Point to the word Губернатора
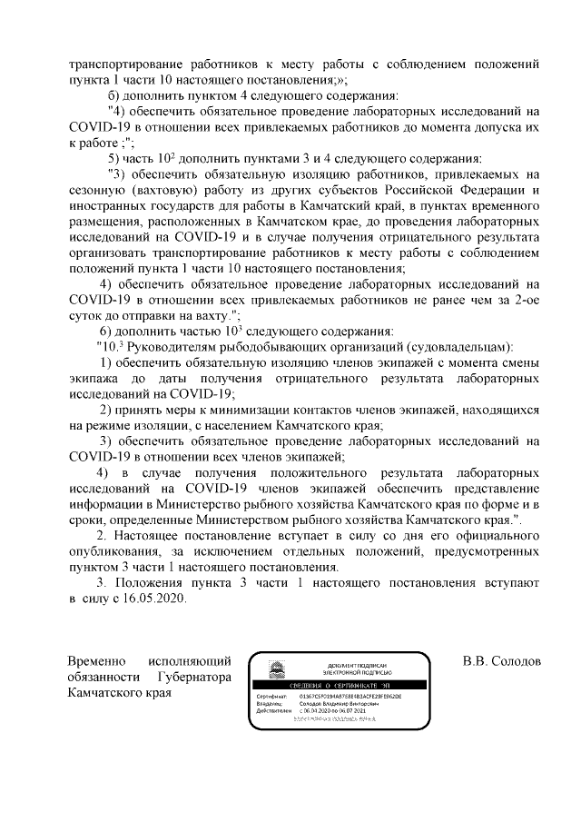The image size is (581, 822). [195, 677]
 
